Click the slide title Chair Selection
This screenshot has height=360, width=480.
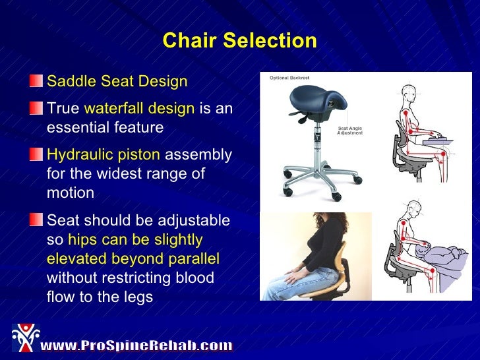tap(239, 41)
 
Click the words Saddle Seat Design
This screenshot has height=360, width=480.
tap(117, 82)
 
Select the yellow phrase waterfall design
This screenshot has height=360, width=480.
tap(139, 109)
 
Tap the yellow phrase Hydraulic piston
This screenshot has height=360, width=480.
tap(104, 155)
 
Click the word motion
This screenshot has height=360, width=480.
tap(71, 193)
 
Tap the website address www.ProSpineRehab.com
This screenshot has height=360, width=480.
tap(136, 345)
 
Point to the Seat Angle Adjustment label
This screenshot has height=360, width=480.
tap(349, 131)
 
